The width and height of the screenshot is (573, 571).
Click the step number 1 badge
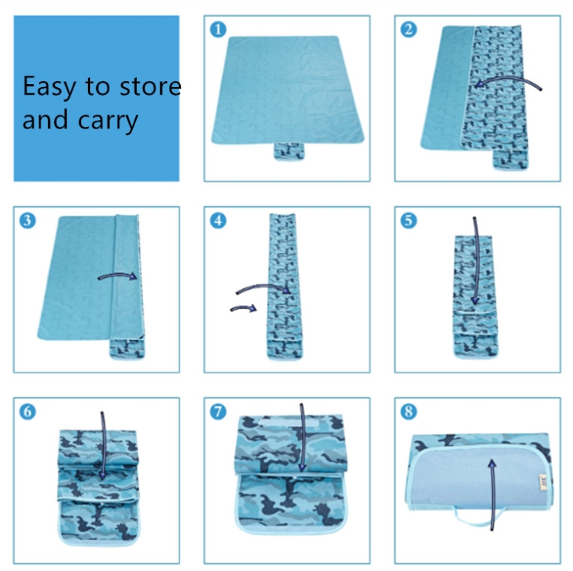pyautogui.click(x=219, y=30)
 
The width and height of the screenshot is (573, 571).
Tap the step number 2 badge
pyautogui.click(x=409, y=30)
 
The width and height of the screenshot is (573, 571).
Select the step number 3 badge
pyautogui.click(x=28, y=221)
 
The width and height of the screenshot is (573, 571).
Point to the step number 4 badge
pyautogui.click(x=219, y=221)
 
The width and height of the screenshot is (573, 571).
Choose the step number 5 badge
pyautogui.click(x=409, y=221)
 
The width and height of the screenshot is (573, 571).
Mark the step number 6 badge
pyautogui.click(x=28, y=411)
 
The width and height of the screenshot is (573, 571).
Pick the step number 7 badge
pyautogui.click(x=219, y=411)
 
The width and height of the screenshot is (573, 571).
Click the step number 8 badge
pyautogui.click(x=409, y=411)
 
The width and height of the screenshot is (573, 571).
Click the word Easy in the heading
pyautogui.click(x=49, y=87)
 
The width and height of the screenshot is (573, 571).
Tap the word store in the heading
pyautogui.click(x=151, y=87)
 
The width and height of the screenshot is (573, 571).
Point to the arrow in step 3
pyautogui.click(x=117, y=275)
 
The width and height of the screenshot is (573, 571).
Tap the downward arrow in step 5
pyautogui.click(x=476, y=261)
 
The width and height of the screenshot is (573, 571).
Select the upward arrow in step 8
pyautogui.click(x=493, y=495)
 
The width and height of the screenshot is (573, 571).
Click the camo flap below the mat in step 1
pyautogui.click(x=289, y=151)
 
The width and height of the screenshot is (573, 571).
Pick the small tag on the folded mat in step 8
pyautogui.click(x=543, y=482)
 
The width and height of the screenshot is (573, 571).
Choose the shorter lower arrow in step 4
pyautogui.click(x=244, y=308)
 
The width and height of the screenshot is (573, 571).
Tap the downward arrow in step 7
pyautogui.click(x=303, y=437)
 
